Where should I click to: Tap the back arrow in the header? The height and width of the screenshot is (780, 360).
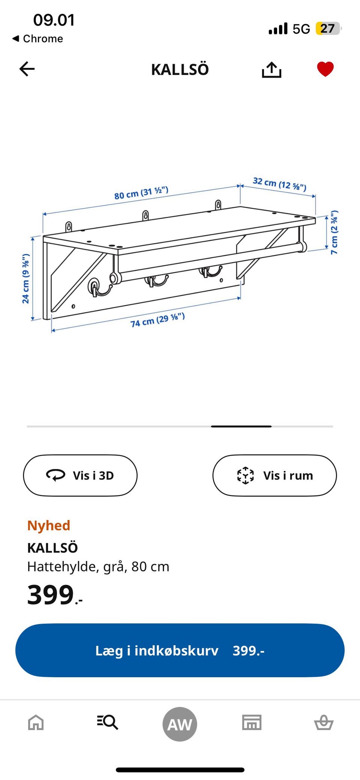tap(27, 69)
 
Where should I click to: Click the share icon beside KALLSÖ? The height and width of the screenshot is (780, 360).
tap(271, 69)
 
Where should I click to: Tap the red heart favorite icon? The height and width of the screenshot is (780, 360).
tap(325, 69)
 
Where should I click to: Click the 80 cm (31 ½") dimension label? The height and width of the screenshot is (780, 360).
tap(141, 193)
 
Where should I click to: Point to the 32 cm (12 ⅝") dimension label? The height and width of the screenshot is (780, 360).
tap(279, 183)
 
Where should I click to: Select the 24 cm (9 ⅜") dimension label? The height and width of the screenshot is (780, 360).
tap(25, 278)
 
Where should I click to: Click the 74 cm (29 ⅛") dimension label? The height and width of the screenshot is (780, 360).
tap(157, 320)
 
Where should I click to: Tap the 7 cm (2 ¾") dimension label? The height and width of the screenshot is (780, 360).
tap(334, 232)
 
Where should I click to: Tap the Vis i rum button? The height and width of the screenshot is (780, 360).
tap(274, 475)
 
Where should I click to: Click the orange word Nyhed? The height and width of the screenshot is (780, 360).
tap(49, 525)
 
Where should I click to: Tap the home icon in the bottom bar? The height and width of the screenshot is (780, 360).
tap(36, 722)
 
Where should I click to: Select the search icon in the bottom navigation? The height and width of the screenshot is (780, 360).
tap(108, 722)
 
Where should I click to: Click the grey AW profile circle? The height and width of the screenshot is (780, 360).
tap(180, 724)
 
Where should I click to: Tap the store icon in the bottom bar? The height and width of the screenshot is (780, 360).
tap(252, 722)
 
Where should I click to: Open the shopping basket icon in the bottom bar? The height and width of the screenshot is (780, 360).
tap(324, 722)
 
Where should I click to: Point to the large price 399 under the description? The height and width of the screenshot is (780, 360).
tap(51, 595)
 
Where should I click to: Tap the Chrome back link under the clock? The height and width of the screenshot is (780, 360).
tap(37, 39)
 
